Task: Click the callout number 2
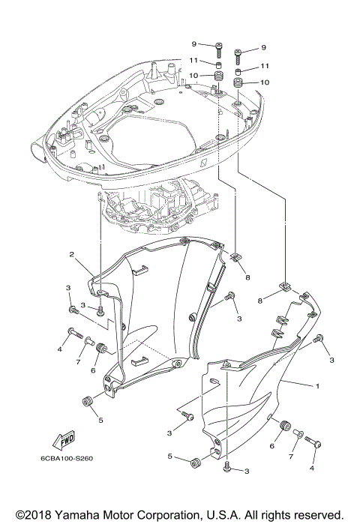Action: point(72,255)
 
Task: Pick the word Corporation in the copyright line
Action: point(163,515)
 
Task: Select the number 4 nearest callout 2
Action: point(58,349)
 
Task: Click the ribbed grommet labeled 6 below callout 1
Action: point(284,427)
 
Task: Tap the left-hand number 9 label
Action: point(193,44)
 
